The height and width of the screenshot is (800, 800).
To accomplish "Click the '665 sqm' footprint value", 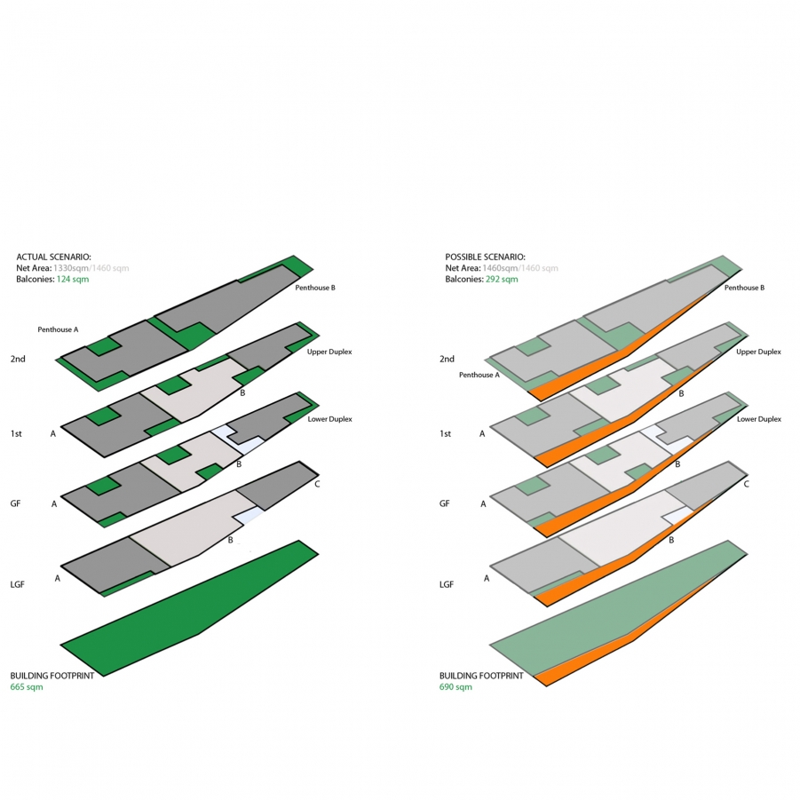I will click(x=26, y=687).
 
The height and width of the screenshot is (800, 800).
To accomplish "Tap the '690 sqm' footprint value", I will click(x=455, y=687).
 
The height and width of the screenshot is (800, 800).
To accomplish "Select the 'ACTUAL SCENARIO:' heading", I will click(x=53, y=257).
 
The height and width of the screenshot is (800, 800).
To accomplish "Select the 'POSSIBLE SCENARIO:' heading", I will click(x=486, y=257).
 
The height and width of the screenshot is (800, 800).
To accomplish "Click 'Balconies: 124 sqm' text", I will click(x=52, y=279).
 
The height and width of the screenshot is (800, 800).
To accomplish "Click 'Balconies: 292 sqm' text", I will click(x=481, y=279).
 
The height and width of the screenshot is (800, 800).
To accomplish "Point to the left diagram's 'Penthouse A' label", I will click(x=58, y=329).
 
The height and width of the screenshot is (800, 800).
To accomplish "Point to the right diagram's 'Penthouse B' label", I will click(x=744, y=288).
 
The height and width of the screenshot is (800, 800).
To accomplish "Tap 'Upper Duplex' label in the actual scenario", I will click(x=329, y=352).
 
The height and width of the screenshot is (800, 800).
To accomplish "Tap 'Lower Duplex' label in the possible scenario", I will click(x=759, y=418).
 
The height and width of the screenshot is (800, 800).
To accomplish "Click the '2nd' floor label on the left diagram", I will click(x=18, y=359).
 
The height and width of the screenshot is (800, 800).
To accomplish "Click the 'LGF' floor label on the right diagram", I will click(x=447, y=585).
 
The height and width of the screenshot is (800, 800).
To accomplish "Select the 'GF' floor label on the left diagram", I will click(x=15, y=503).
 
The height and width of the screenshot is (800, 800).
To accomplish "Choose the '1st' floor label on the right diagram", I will click(x=446, y=434).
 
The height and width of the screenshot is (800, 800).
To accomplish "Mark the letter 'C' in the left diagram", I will click(x=317, y=484).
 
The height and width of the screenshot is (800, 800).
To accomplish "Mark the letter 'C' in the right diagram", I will click(x=746, y=484).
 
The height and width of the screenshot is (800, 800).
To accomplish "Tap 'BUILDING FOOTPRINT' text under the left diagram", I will click(x=51, y=676).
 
